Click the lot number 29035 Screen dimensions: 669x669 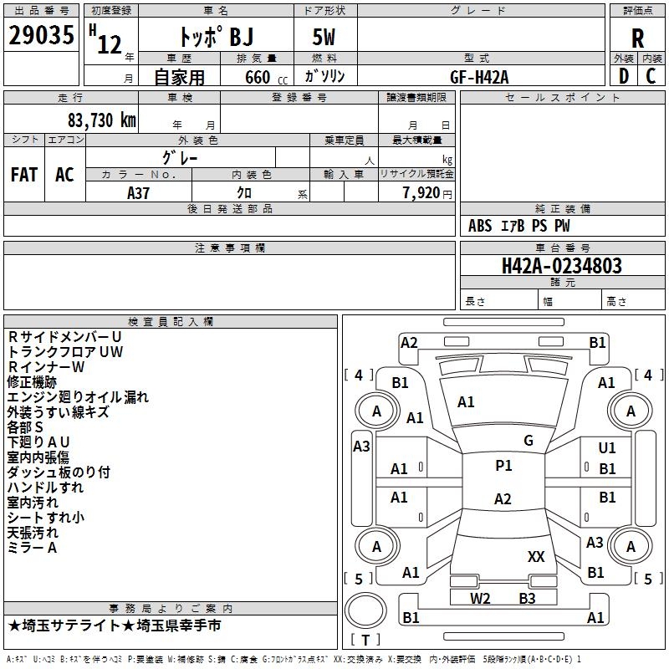click(42, 36)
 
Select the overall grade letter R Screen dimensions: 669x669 click(637, 38)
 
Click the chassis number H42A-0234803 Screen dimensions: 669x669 click(561, 266)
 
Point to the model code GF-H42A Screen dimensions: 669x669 click(479, 76)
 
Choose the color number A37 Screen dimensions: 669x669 click(138, 192)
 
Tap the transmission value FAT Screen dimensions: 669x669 click(24, 174)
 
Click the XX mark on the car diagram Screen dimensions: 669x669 click(536, 556)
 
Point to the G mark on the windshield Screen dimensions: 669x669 click(529, 441)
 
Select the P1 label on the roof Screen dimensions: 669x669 click(503, 466)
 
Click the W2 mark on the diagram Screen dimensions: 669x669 click(480, 598)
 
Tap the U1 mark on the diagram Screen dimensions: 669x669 click(607, 448)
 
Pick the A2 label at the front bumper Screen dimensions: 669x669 click(409, 342)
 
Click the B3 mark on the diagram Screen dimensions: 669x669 click(527, 598)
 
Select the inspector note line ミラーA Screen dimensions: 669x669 click(32, 547)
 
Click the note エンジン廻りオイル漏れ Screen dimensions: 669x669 click(78, 396)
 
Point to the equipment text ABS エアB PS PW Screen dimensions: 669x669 click(519, 226)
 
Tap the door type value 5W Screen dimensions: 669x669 click(325, 36)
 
